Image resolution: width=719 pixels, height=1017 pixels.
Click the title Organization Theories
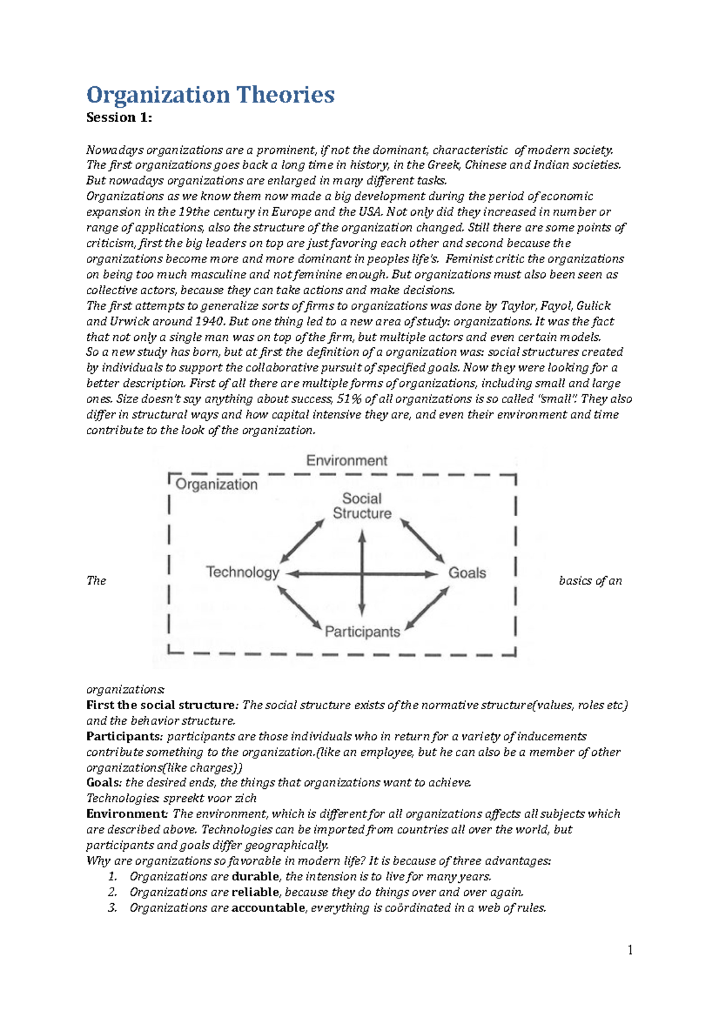[x=210, y=95]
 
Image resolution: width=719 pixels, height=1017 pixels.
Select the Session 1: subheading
[x=119, y=117]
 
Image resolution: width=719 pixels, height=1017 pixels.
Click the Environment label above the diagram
[x=347, y=461]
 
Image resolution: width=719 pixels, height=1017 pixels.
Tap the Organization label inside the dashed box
[x=216, y=485]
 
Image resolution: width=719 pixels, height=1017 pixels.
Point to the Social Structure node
[x=362, y=506]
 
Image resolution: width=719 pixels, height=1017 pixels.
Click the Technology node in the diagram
[x=243, y=572]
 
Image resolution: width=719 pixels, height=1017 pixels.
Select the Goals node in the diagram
[x=467, y=573]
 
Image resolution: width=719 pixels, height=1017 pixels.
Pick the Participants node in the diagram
[x=362, y=632]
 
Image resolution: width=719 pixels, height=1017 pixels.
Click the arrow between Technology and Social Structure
[x=303, y=540]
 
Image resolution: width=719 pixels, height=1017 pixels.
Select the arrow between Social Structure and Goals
[x=422, y=540]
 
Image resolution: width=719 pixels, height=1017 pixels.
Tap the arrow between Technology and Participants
[x=300, y=607]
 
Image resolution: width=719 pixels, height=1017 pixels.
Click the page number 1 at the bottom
[x=630, y=951]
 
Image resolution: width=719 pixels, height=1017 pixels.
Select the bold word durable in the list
[x=255, y=876]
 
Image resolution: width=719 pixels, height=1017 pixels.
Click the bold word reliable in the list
[x=255, y=892]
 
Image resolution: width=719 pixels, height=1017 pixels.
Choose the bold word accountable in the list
[x=268, y=907]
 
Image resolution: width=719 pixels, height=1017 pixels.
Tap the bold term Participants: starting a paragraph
[x=124, y=736]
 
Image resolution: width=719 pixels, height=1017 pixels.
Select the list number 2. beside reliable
[x=112, y=892]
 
